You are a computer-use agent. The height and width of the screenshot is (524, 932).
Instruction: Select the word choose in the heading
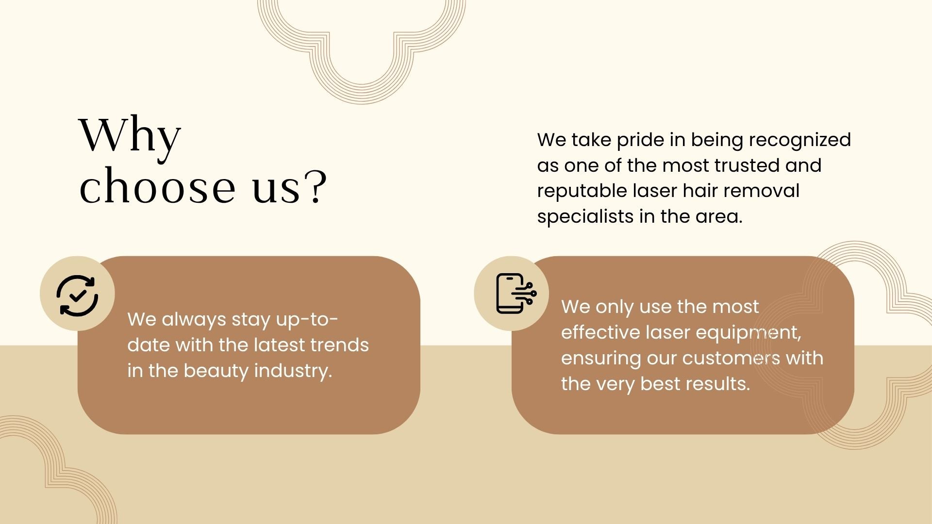click(x=157, y=186)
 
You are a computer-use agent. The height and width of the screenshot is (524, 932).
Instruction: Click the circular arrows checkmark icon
click(x=77, y=295)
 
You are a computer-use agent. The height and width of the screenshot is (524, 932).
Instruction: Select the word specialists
click(x=585, y=217)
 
